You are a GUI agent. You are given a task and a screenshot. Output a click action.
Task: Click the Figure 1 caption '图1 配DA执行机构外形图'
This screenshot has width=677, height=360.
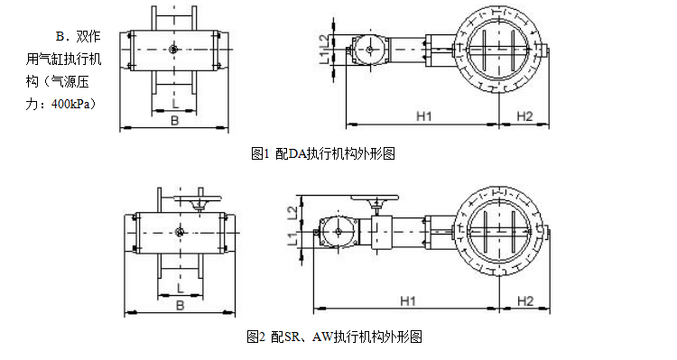pyautogui.click(x=322, y=153)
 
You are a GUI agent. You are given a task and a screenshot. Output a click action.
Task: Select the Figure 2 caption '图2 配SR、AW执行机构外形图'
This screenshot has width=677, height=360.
pyautogui.click(x=334, y=337)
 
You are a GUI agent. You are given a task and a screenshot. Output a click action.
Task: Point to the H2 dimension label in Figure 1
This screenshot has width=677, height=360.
pyautogui.click(x=525, y=115)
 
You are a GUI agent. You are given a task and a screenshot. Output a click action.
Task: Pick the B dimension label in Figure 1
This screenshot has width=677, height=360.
pyautogui.click(x=175, y=119)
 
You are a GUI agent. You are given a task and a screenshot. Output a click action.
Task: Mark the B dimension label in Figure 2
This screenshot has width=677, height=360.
pyautogui.click(x=179, y=306)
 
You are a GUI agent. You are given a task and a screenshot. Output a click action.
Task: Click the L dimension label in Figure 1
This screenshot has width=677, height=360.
pyautogui.click(x=175, y=103)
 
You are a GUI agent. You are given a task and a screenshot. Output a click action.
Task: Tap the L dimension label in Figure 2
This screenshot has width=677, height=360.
pyautogui.click(x=179, y=288)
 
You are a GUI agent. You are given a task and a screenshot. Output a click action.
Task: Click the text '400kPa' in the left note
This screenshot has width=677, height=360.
pyautogui.click(x=73, y=103)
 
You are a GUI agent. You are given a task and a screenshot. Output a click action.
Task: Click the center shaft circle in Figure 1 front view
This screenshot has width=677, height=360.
pyautogui.click(x=174, y=49)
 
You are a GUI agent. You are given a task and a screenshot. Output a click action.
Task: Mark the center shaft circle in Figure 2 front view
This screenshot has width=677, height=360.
pyautogui.click(x=179, y=234)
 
